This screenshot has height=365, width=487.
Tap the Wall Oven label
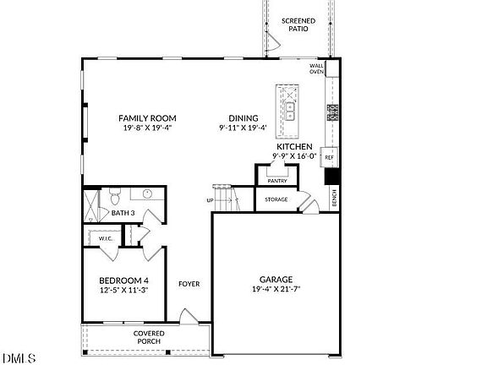(x=317, y=68)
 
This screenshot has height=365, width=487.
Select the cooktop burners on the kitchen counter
(x=332, y=110)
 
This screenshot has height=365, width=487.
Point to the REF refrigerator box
(x=330, y=158)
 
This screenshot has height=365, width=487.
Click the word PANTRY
(x=276, y=181)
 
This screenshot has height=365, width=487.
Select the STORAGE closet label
(x=276, y=199)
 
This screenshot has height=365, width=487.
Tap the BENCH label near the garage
(x=335, y=198)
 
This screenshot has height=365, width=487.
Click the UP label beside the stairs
(x=210, y=200)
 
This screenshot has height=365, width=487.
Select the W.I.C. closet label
(x=106, y=238)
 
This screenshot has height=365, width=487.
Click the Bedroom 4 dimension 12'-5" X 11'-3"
(x=123, y=290)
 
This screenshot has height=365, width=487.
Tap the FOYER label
(x=189, y=284)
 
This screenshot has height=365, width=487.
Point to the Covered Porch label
(x=149, y=337)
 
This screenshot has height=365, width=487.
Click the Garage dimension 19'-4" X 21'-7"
(x=276, y=290)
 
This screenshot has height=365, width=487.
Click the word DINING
(x=243, y=118)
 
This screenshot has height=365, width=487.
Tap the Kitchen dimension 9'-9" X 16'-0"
(x=295, y=155)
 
